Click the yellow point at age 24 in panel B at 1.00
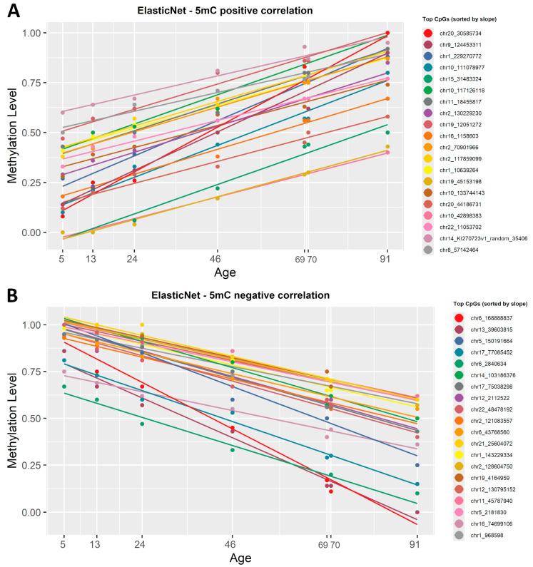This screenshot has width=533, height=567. point(142,325)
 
